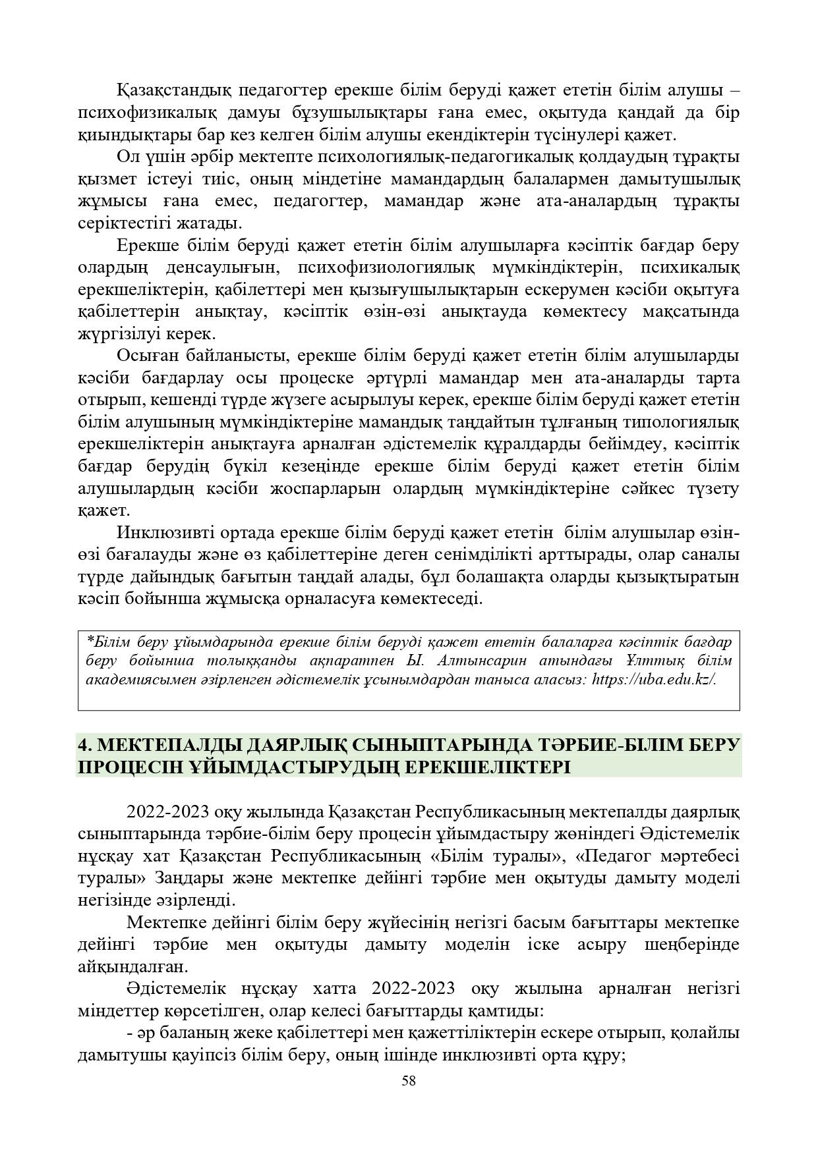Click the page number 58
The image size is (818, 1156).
(x=409, y=1080)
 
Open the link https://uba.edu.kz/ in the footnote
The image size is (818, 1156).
(x=654, y=680)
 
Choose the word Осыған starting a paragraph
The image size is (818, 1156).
(x=148, y=356)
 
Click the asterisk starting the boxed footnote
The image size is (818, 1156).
(x=89, y=639)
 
